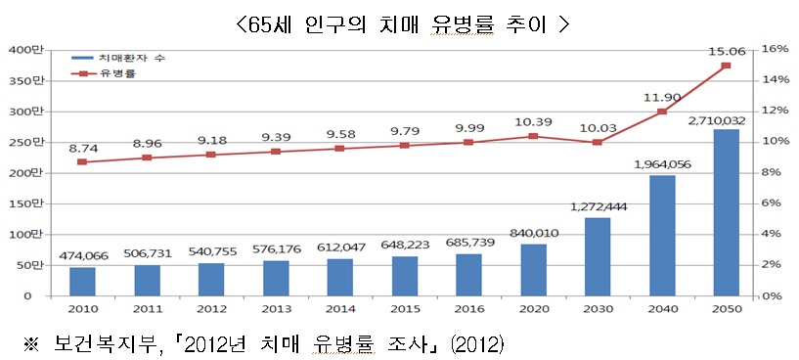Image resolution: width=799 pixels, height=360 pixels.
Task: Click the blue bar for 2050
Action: point(727,212)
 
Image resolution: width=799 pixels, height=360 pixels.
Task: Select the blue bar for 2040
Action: point(662,235)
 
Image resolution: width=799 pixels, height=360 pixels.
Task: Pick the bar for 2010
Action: point(82,281)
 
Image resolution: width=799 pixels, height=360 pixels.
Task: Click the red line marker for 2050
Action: point(727,66)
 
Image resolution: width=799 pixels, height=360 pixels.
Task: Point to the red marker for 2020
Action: point(533,136)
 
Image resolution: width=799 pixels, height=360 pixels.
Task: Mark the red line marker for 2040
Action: point(662,112)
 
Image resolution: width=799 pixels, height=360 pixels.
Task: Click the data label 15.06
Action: point(725,47)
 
